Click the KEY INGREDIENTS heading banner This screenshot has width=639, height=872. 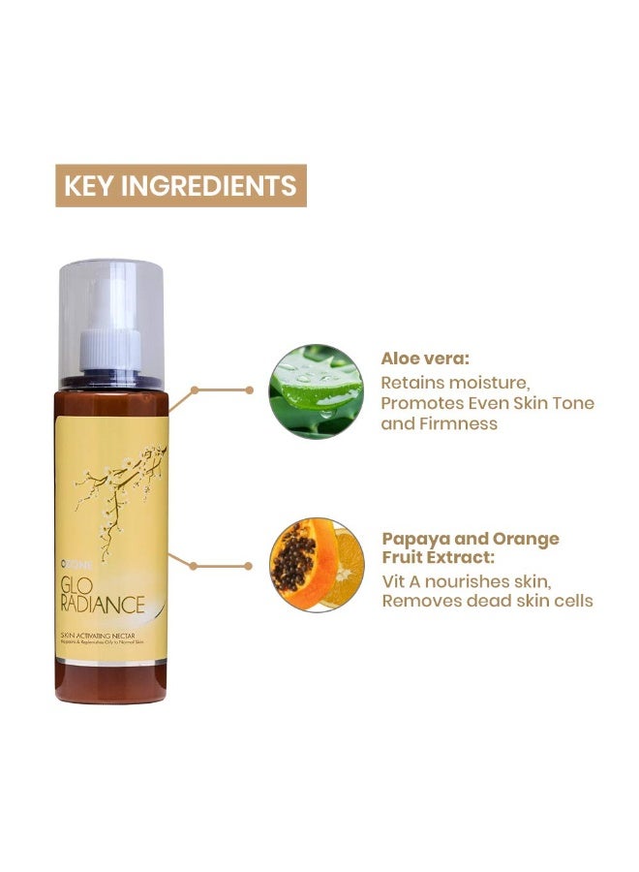[181, 185]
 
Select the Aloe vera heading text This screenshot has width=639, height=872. [425, 358]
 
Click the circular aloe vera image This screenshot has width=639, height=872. [316, 391]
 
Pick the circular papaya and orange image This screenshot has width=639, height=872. [317, 564]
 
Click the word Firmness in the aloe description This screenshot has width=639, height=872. [457, 422]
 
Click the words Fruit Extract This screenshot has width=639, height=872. [438, 559]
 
